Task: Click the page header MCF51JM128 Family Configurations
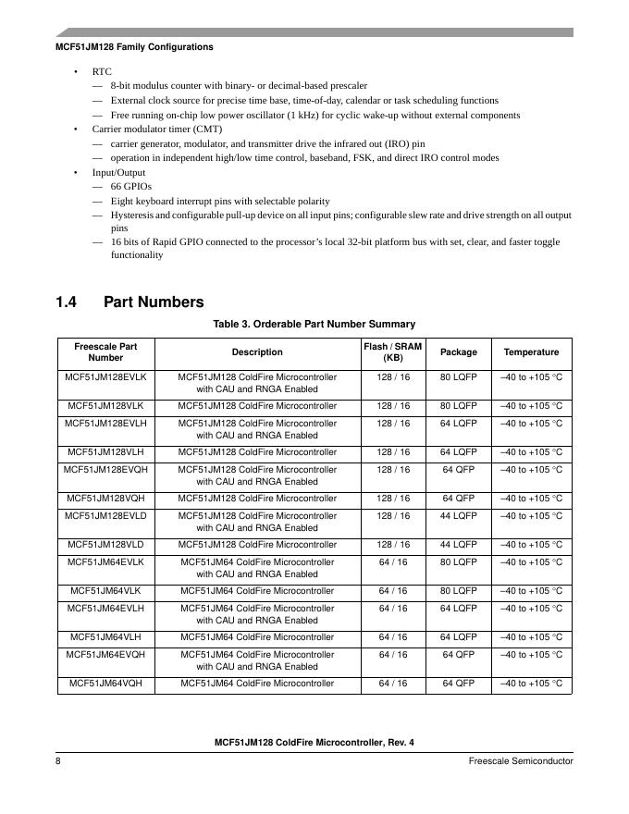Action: tap(134, 46)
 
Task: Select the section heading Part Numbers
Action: tap(154, 302)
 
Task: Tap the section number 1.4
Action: tap(68, 302)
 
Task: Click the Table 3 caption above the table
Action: tap(314, 324)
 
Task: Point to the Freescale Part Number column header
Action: tap(105, 351)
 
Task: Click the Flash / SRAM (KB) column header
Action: tap(393, 351)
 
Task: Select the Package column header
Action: tap(459, 352)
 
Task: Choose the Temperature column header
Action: tap(531, 352)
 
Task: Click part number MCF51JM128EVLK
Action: tap(105, 377)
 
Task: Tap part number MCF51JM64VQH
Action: tap(105, 684)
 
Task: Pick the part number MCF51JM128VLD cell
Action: tap(105, 545)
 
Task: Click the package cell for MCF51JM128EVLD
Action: tap(459, 516)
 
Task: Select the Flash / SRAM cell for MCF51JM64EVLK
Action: tap(393, 562)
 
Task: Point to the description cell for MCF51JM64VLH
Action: tap(257, 637)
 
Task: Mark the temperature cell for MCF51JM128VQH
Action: tap(531, 499)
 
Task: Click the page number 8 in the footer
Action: tap(58, 760)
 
